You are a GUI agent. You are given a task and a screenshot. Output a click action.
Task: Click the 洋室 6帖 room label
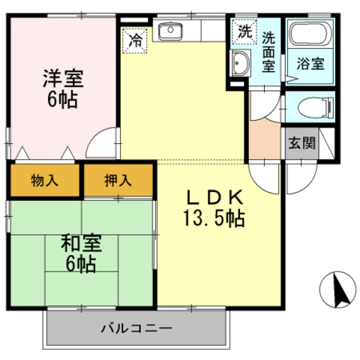click(x=63, y=88)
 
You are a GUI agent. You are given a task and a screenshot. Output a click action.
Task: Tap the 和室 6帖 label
click(x=81, y=253)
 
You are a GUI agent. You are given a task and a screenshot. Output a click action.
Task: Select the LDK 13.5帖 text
click(x=214, y=208)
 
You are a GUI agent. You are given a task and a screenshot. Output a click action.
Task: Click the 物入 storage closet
click(x=45, y=180)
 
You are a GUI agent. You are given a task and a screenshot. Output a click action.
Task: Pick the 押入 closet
click(x=118, y=180)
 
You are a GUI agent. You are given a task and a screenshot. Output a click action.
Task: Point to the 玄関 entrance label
click(x=301, y=143)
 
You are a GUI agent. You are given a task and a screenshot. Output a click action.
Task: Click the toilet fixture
click(x=316, y=107)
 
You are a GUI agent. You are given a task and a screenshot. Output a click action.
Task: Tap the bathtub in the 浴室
click(x=310, y=34)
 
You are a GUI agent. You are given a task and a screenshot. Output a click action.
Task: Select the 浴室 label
click(x=310, y=64)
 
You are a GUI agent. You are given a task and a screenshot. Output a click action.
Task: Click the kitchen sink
click(x=170, y=31)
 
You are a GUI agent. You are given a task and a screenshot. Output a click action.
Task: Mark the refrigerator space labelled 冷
click(x=135, y=40)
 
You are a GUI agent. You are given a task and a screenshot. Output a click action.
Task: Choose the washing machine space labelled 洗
click(x=244, y=31)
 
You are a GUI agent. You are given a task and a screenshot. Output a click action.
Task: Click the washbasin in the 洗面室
click(x=240, y=63)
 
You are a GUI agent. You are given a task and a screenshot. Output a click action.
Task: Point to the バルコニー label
click(x=136, y=328)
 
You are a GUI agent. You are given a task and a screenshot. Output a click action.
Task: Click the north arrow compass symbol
click(x=337, y=289)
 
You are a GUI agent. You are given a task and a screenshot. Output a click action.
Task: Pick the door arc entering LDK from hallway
click(x=256, y=184)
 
